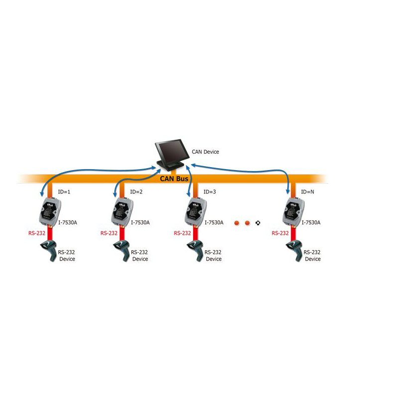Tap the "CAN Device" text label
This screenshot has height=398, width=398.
205,152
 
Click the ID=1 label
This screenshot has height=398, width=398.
65,192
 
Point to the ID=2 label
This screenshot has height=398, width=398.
136,192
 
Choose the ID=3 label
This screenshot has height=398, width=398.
210,192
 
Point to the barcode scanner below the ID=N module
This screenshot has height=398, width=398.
293,248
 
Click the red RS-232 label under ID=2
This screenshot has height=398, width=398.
109,233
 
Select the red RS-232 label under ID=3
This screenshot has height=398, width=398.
183,233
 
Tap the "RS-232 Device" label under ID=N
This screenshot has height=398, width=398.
312,256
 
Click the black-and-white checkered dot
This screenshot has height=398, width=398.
258,223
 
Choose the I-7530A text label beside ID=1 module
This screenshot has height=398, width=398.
68,222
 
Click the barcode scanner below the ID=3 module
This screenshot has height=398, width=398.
195,248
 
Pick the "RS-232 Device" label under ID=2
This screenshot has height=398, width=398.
140,256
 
